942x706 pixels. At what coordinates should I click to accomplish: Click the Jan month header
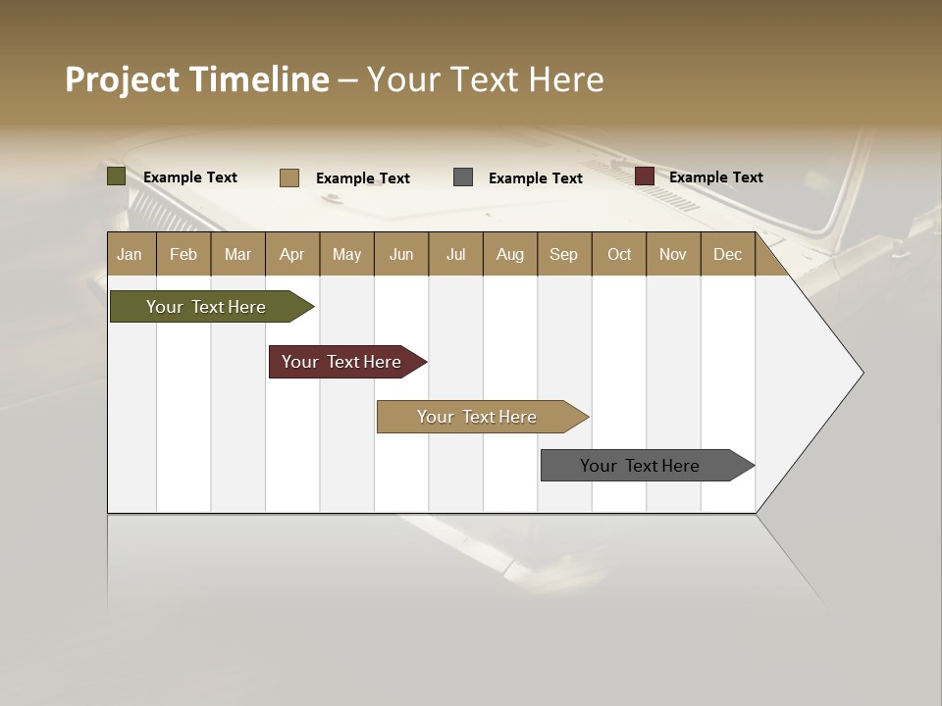130,254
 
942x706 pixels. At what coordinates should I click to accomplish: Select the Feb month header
183,254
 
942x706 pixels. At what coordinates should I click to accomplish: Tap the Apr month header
291,254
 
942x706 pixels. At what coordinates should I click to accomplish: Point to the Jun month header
401,254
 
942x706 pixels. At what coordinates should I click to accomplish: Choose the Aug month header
509,254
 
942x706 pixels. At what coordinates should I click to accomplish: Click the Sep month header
563,254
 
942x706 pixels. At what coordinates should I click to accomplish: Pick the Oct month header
619,254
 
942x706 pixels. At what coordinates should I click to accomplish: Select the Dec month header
727,254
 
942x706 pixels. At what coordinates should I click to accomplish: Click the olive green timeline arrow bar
207,307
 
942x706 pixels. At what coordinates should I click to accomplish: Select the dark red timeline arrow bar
342,362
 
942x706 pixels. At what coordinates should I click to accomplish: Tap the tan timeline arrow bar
478,417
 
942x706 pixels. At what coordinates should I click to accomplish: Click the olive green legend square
117,176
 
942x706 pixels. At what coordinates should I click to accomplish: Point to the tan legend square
289,177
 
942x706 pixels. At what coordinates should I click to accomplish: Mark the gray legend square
463,177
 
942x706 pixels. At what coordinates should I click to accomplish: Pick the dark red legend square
645,176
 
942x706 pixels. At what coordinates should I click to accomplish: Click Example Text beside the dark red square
716,177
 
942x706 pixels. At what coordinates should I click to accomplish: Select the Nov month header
673,254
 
